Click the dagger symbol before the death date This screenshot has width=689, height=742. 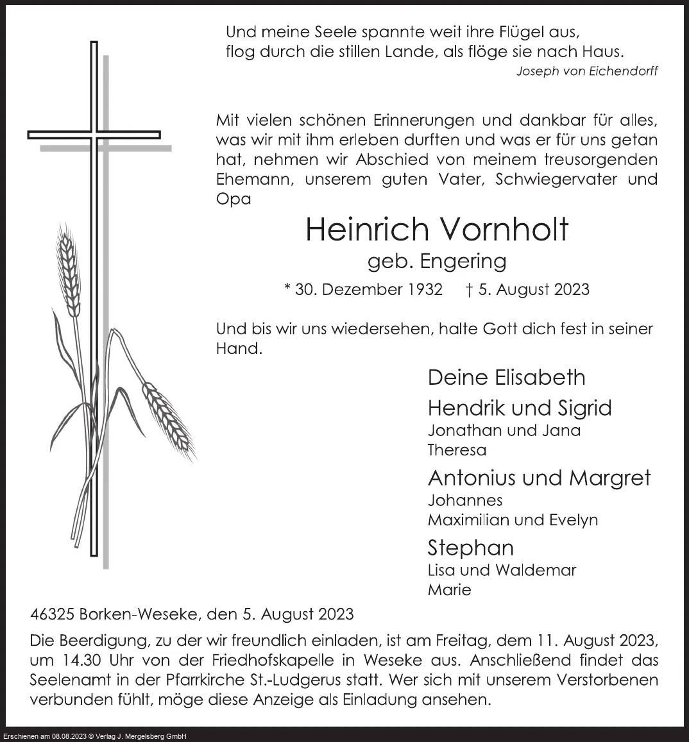click(470, 289)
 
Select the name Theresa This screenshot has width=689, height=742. click(457, 450)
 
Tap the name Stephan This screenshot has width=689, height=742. click(470, 548)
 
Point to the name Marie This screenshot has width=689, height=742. click(449, 589)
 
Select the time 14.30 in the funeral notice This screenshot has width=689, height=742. click(74, 660)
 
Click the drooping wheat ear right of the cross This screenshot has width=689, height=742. click(167, 417)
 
